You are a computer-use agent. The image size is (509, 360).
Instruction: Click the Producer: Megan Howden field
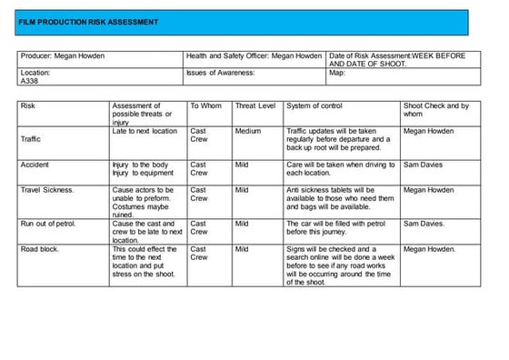click(62, 56)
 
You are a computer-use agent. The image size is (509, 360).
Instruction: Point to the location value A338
click(29, 80)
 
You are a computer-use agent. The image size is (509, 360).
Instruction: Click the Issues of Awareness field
click(219, 71)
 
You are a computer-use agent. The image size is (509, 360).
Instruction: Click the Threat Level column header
click(254, 106)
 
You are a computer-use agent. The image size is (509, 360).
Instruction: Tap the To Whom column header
click(205, 106)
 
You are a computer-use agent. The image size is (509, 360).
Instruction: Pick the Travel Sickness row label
click(47, 190)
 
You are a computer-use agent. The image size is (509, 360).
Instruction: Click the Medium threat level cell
click(247, 131)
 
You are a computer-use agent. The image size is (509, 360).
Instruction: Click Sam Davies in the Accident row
click(424, 165)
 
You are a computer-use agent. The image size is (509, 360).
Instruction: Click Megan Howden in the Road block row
click(430, 248)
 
